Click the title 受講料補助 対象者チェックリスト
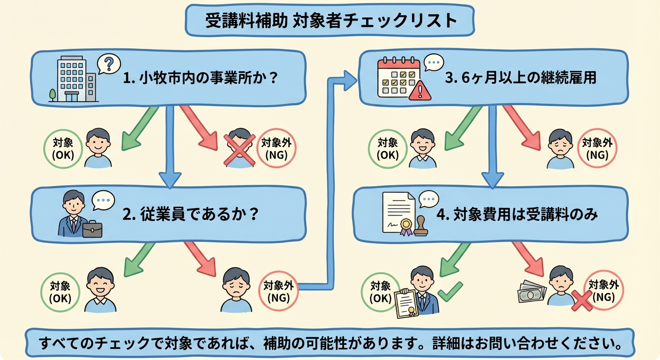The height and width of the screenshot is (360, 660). point(330,21)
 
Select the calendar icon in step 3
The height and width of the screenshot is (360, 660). point(398,78)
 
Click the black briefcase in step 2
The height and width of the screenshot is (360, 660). point(92,228)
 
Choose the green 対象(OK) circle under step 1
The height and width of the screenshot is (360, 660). point(63,148)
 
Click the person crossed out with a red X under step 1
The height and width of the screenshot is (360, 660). point(239,148)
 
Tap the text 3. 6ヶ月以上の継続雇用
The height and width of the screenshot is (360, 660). point(520,77)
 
